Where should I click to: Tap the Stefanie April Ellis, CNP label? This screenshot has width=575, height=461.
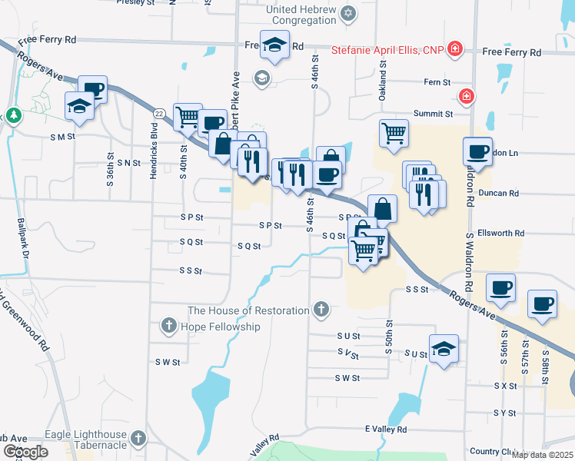click(388, 51)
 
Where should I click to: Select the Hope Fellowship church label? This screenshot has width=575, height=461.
click(220, 327)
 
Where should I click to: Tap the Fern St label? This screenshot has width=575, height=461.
click(437, 81)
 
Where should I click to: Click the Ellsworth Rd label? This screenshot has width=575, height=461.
click(500, 233)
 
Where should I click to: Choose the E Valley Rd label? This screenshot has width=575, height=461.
click(386, 429)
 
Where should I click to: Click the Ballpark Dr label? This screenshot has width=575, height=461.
click(22, 238)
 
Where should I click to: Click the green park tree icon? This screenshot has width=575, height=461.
click(13, 115)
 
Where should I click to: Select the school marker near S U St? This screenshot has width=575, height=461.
click(444, 349)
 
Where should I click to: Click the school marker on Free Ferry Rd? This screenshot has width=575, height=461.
click(274, 45)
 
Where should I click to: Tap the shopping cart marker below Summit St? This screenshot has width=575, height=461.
click(394, 133)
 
